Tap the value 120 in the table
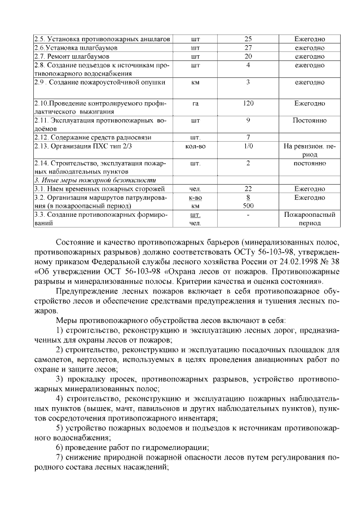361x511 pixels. point(248,103)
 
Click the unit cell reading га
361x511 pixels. point(196,103)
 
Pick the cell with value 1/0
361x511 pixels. point(248,146)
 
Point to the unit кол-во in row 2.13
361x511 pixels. point(196,146)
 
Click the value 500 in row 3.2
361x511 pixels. point(248,206)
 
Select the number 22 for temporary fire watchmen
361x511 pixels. point(248,189)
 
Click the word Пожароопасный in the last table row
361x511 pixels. point(310,215)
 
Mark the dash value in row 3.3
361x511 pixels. point(248,215)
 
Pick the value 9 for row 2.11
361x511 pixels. point(248,120)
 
